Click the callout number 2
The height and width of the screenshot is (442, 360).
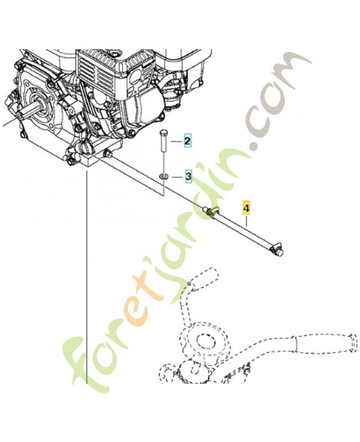(187, 140)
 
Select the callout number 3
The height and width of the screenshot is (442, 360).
(188, 176)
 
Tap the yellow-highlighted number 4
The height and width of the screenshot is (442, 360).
(246, 208)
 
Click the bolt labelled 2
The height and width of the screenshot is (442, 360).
(163, 141)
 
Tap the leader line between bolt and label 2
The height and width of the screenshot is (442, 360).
(174, 141)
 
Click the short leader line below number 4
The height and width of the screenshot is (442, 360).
(246, 220)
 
